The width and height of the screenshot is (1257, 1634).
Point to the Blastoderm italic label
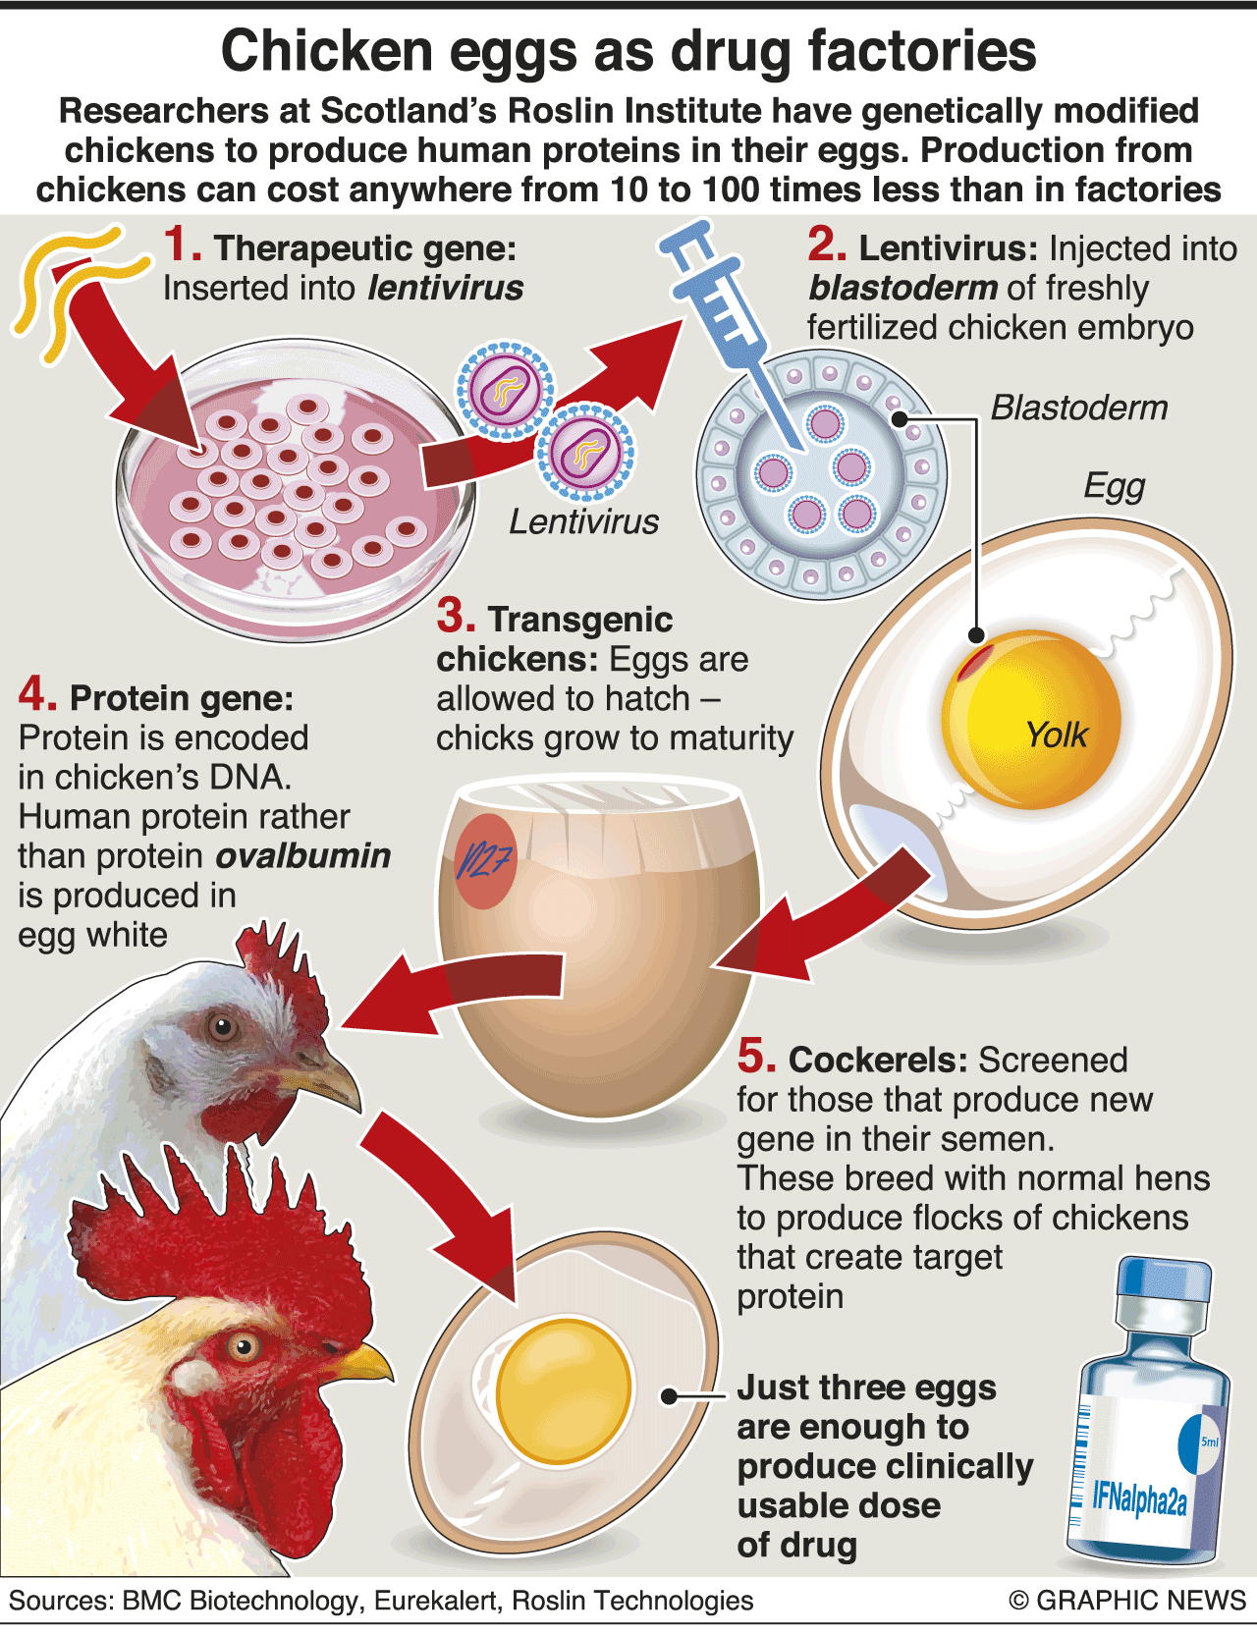(1078, 408)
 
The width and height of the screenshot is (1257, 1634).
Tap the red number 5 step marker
(756, 1057)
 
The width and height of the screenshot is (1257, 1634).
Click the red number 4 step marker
(36, 695)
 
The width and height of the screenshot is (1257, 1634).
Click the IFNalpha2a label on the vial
(1140, 1498)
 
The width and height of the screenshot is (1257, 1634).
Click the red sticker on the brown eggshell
(485, 860)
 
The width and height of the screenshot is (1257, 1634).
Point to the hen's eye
(223, 1027)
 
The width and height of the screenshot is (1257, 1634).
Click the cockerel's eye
(242, 1345)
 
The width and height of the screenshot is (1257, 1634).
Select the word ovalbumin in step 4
(302, 855)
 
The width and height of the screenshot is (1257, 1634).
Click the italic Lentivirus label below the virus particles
(583, 521)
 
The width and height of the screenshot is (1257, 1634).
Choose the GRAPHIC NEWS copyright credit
(1127, 1600)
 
